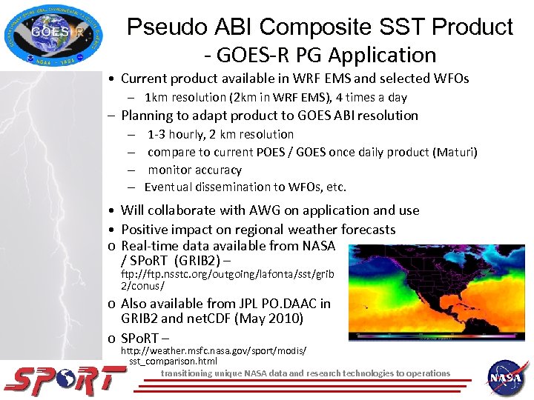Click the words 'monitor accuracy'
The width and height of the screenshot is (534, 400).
pyautogui.click(x=194, y=170)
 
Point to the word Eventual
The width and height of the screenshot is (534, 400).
pyautogui.click(x=169, y=187)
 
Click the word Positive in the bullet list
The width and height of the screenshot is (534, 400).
pyautogui.click(x=146, y=230)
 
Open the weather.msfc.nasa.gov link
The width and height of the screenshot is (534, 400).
pyautogui.click(x=214, y=355)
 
